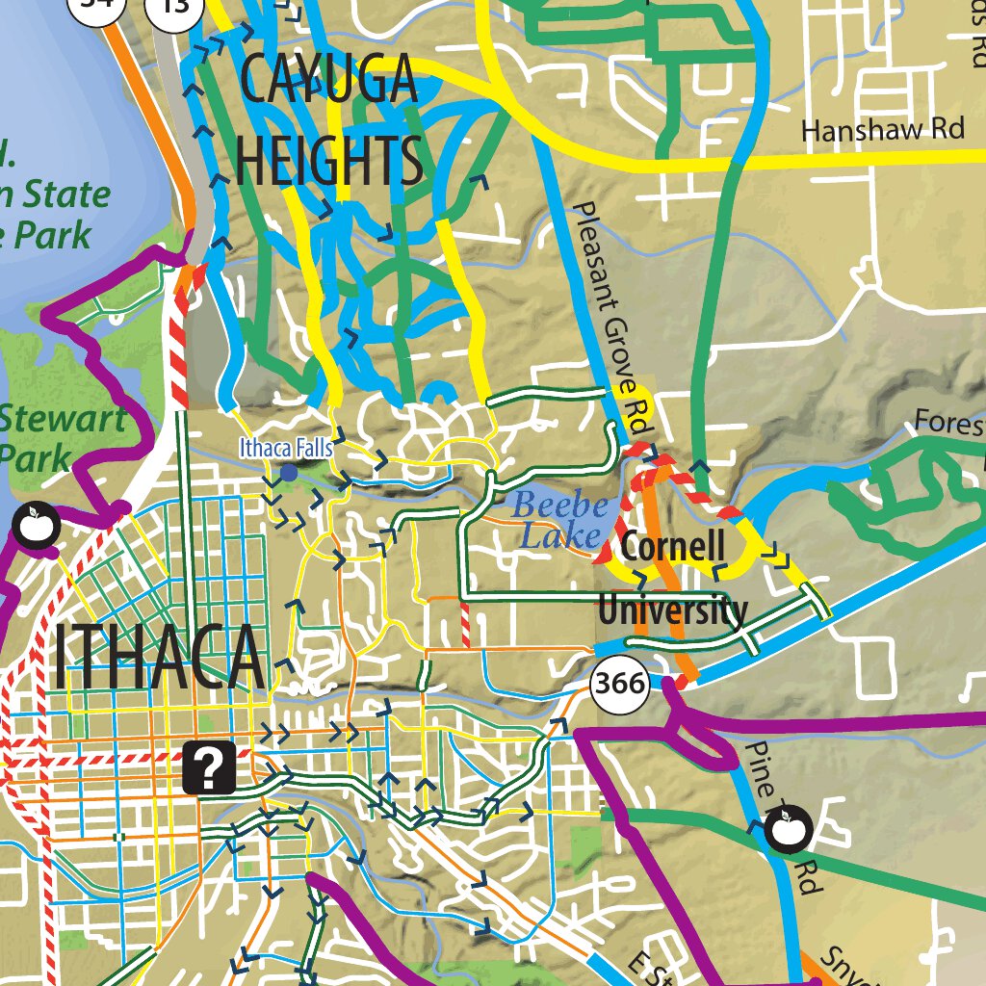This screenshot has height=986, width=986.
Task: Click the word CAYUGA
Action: coord(328,81)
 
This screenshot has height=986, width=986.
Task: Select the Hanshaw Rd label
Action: coord(883,129)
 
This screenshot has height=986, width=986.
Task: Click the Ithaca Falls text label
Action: coord(287,448)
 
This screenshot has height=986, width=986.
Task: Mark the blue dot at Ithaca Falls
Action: coord(288,473)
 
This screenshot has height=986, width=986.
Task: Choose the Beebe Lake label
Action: coord(561,520)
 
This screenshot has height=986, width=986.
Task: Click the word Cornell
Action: coord(672,546)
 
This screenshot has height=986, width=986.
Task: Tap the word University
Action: coord(672,610)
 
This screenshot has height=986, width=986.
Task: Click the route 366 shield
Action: coord(619,685)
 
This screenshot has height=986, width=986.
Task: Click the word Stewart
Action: coord(63,420)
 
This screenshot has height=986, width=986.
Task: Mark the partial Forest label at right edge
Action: coord(948,423)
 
